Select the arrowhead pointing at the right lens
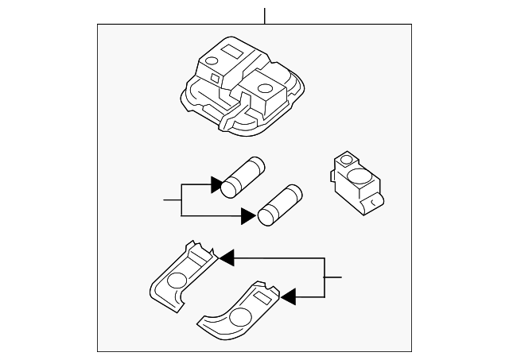[289, 297]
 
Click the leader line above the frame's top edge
[265, 15]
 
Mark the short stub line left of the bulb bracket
[173, 199]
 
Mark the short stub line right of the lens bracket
[333, 277]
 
